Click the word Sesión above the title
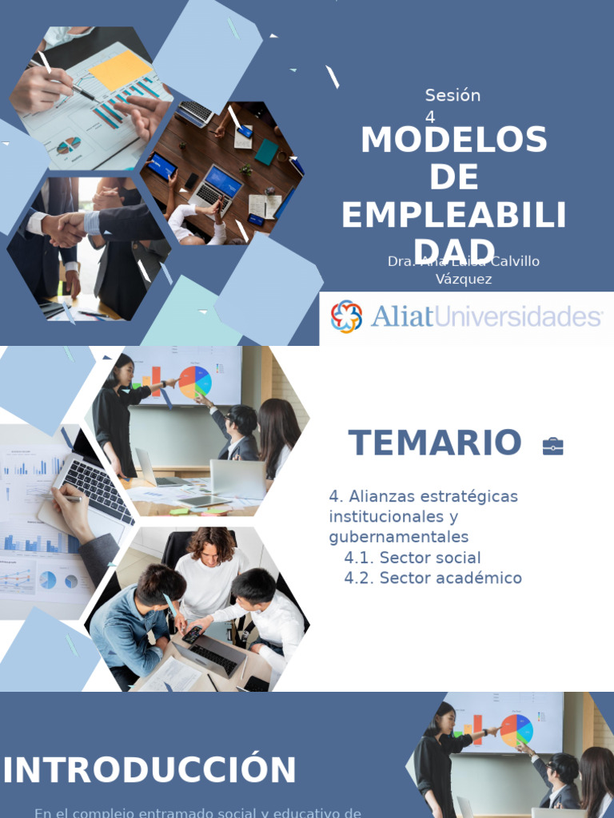coord(453,96)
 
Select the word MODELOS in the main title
coord(453,141)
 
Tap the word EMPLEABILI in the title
coord(453,216)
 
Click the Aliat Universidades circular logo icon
coord(346,316)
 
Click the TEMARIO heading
coord(434,443)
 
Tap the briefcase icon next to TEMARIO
coord(552,446)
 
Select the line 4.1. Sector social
coord(413,558)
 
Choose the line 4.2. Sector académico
coord(433,578)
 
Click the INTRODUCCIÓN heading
coord(150,771)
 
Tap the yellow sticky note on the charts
coord(120,70)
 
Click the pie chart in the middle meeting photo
coord(194,381)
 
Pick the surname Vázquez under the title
coord(464,279)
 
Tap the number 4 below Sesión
coord(430,117)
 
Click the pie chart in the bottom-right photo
coord(516,730)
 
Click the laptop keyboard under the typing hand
coord(99,488)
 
